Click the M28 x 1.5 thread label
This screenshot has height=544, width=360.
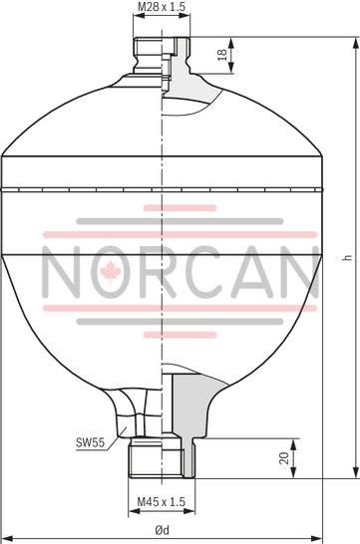(x=160, y=8)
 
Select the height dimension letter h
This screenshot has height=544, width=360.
(x=344, y=256)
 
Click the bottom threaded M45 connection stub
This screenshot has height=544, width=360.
(x=159, y=458)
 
